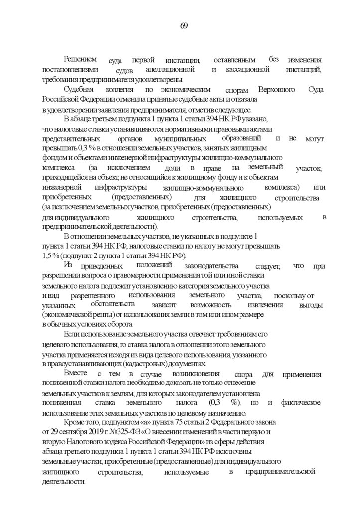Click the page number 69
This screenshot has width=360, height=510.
(x=183, y=26)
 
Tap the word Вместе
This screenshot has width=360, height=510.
(x=76, y=373)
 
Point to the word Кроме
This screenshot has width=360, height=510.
(x=75, y=422)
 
